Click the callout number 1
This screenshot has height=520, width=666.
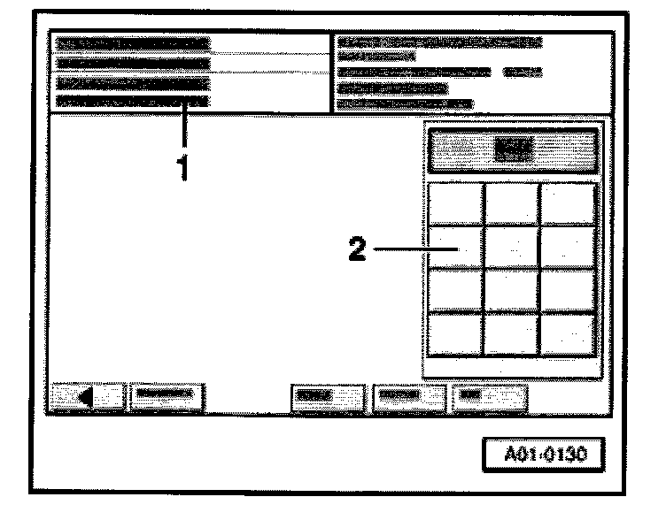184,166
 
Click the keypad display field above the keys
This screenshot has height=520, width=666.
513,151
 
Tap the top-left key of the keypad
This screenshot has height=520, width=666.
456,203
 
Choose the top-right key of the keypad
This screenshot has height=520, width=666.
568,203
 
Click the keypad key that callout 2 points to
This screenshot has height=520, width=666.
456,248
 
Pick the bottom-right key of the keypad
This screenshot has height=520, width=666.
568,334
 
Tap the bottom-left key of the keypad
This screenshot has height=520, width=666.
456,334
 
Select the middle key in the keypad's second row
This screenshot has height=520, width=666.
512,248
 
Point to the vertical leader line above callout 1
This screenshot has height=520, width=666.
185,127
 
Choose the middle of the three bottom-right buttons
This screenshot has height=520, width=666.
408,394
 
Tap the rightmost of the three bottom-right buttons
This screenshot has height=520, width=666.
489,394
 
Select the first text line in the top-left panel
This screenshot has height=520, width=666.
133,42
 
